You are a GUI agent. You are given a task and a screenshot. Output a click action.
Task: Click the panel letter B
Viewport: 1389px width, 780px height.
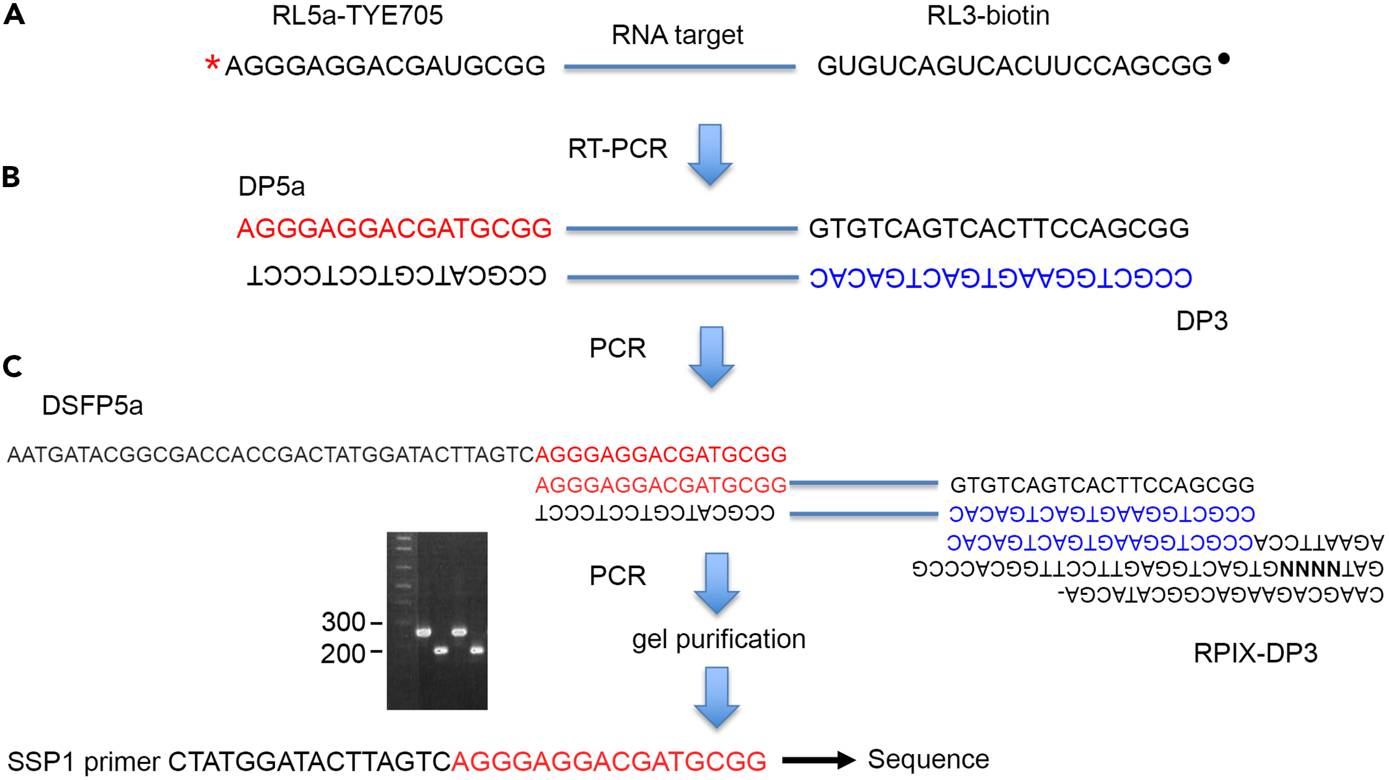pos(11,177)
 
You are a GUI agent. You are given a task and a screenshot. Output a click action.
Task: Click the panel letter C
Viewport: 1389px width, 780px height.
pos(12,366)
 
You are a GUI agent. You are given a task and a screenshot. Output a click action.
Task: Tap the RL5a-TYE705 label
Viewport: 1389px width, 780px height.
pos(357,15)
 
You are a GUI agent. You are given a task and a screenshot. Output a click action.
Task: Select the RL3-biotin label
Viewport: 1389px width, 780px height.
pos(988,15)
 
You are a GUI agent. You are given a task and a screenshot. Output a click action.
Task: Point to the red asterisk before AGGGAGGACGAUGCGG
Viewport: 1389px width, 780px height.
pos(212,63)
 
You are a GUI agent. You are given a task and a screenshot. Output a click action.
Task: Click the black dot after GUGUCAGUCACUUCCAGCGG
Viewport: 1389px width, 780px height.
pos(1224,59)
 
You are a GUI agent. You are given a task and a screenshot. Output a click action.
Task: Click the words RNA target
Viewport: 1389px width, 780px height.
pos(677,35)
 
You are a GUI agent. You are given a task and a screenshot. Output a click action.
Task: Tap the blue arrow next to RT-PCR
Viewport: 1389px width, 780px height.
pos(710,154)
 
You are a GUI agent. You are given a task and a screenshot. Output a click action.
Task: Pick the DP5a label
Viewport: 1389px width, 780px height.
pos(271,186)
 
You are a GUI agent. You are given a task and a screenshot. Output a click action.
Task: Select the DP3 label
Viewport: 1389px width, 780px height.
pos(1201,321)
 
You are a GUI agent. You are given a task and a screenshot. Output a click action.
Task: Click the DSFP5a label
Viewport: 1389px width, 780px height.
pos(92,406)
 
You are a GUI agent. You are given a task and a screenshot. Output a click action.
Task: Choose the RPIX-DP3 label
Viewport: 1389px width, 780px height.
pos(1255,653)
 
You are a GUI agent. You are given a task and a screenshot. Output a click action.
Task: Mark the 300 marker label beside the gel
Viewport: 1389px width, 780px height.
pos(343,622)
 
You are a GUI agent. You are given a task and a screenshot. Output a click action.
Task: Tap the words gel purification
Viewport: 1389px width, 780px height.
pos(719,639)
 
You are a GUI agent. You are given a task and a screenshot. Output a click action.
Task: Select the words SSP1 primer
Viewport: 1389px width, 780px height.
pos(84,761)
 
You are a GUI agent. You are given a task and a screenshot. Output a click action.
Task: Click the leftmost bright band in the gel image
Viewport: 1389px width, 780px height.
pos(423,633)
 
